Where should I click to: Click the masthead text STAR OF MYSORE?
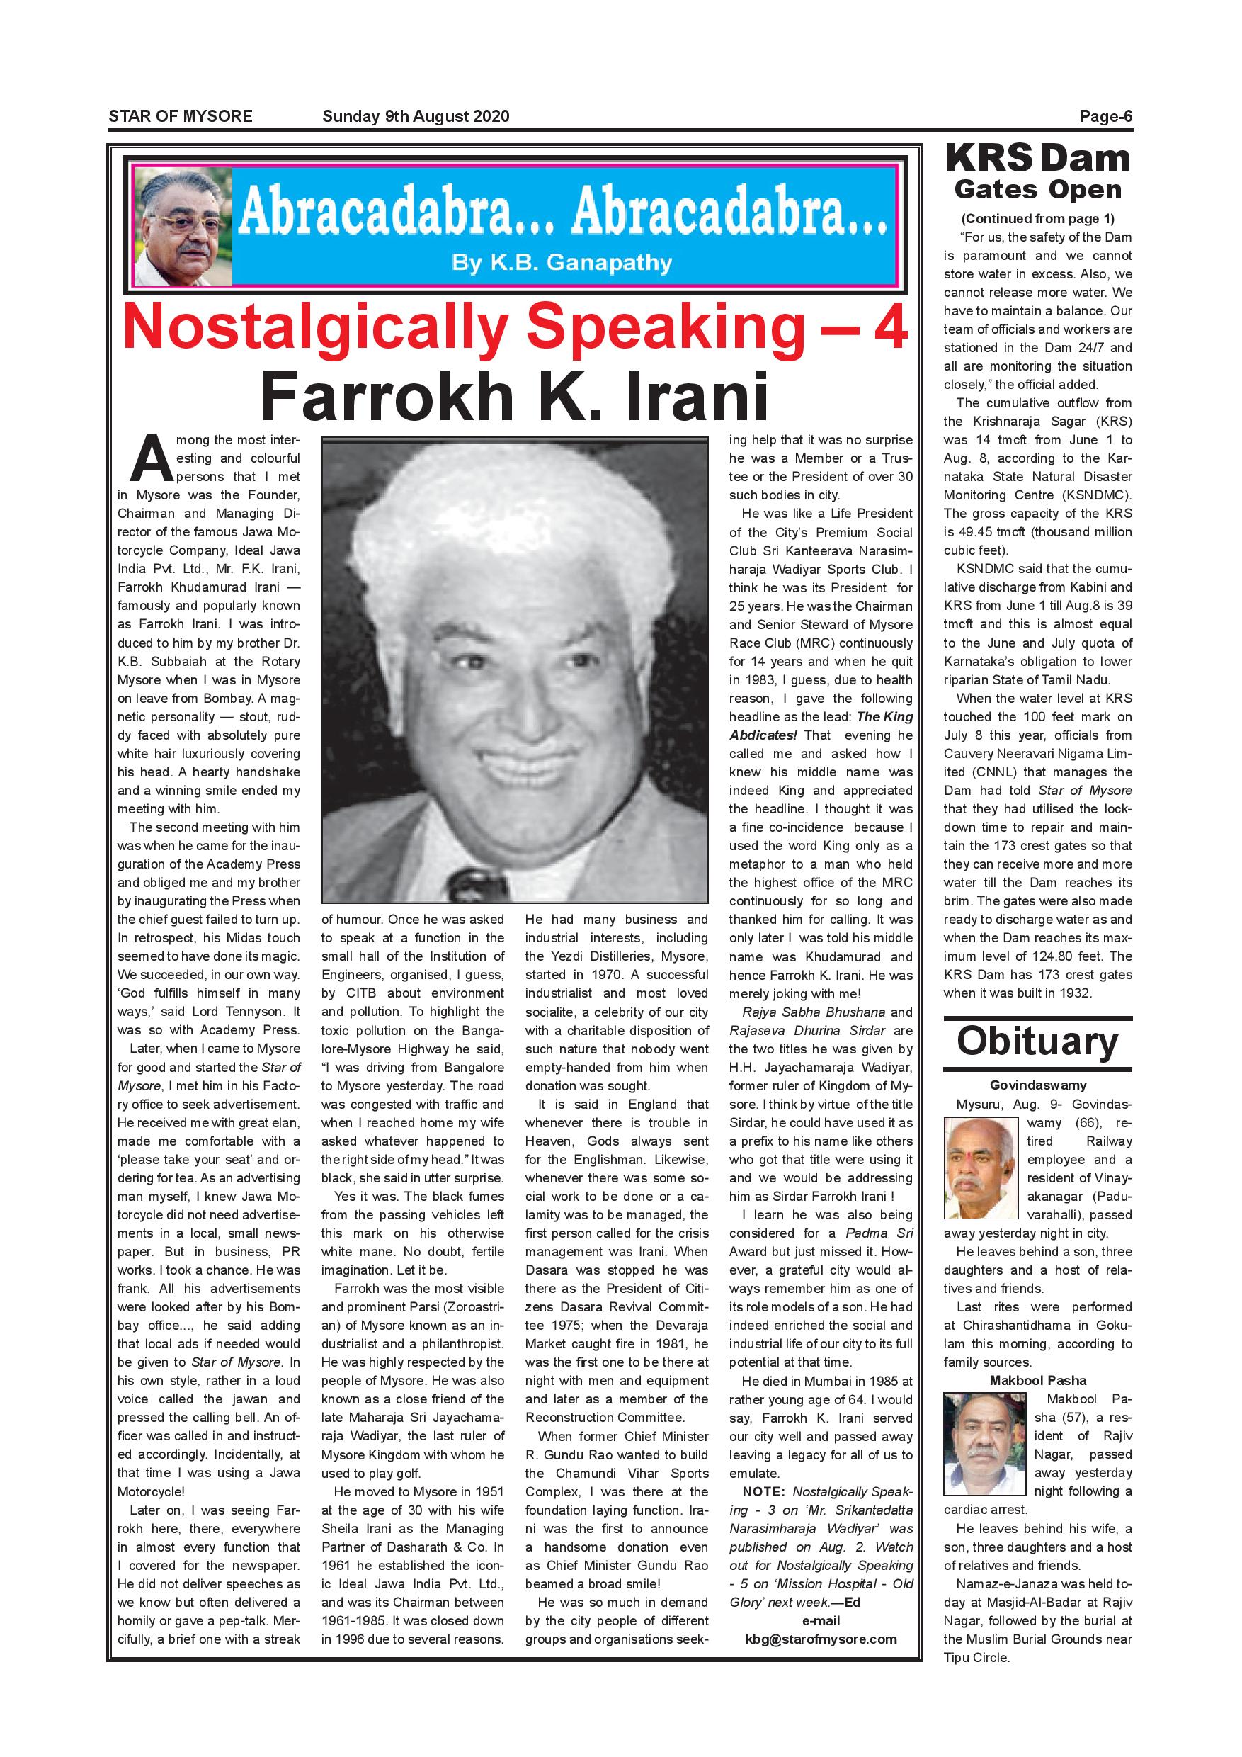pyautogui.click(x=181, y=116)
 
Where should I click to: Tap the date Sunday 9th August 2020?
pyautogui.click(x=415, y=116)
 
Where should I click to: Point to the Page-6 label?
pyautogui.click(x=1105, y=116)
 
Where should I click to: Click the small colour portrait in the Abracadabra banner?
pyautogui.click(x=183, y=227)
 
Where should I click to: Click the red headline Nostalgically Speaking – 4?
pyautogui.click(x=515, y=327)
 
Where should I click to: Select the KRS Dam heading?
pyautogui.click(x=1037, y=159)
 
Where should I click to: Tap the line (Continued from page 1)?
pyautogui.click(x=1037, y=218)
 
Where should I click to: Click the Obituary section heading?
pyautogui.click(x=1037, y=1041)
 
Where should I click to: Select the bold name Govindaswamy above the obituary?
pyautogui.click(x=1037, y=1085)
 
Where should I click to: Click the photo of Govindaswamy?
pyautogui.click(x=981, y=1168)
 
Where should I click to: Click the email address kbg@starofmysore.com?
pyautogui.click(x=821, y=1639)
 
